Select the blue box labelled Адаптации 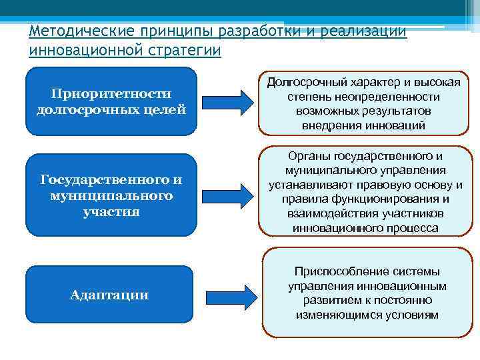[109, 295]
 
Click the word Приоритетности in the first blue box [111, 93]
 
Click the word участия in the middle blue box [111, 211]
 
